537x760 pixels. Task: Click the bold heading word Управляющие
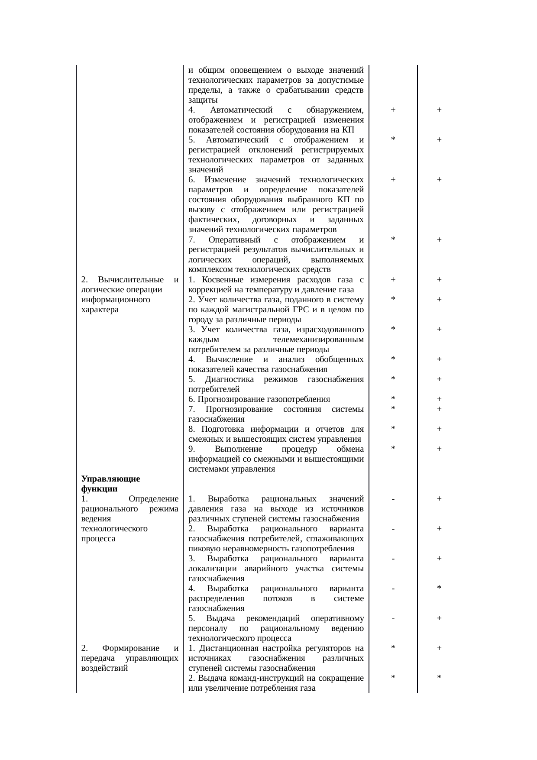tap(110, 479)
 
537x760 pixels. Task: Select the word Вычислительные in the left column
tap(132, 280)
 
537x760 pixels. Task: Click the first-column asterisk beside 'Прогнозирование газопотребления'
tap(392, 398)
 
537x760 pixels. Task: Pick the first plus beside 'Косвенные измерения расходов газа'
tap(392, 280)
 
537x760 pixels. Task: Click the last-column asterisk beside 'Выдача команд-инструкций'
tap(439, 679)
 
